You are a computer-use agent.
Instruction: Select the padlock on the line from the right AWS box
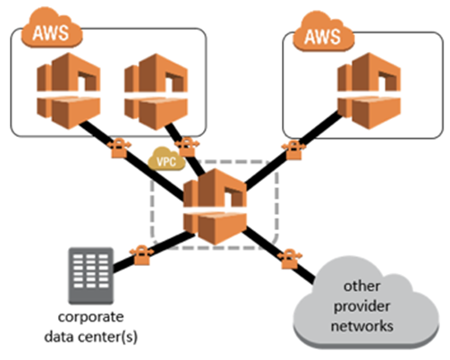[x=291, y=148]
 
